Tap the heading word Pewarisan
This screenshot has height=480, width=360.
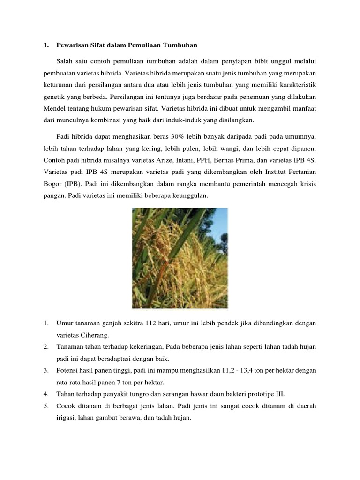click(x=75, y=45)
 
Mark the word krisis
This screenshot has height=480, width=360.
click(x=307, y=184)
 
